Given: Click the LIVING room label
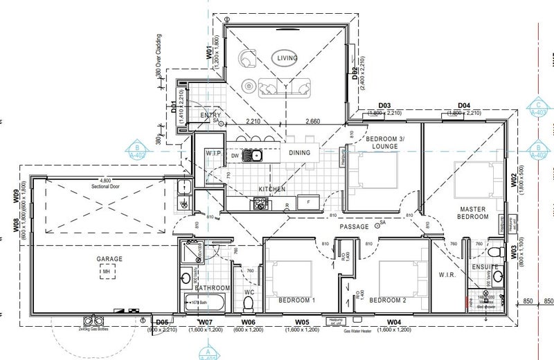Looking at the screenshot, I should coord(287,59).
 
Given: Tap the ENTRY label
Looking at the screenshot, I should coord(211,115).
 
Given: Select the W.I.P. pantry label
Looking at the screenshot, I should coord(213,152).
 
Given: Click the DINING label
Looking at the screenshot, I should coord(299,152).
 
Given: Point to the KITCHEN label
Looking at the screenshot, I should coord(272,188).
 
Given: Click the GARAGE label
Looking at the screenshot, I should coord(109,259).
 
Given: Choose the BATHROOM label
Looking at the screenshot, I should coord(212,287).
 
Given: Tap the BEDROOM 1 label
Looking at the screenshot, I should coord(296,300).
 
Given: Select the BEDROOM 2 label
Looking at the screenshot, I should coord(387,300).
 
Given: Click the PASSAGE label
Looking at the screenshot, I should coord(353,226).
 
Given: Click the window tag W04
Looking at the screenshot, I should coord(394,323).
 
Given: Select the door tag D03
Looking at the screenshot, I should coord(385,105).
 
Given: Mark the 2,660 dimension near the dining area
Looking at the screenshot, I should coord(312,120).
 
